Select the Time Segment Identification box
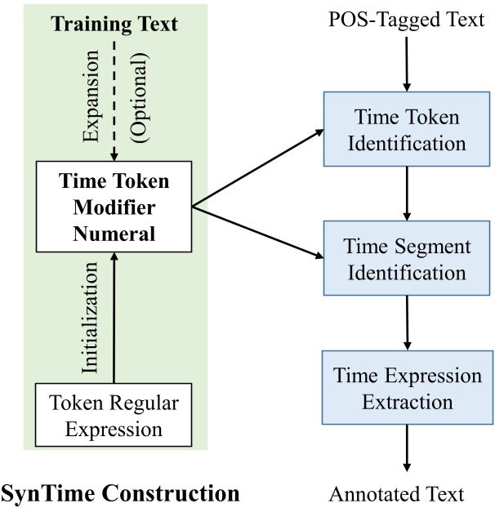tap(406, 261)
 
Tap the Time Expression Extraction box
tap(406, 389)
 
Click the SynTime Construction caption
tap(120, 492)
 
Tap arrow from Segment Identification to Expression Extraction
tap(406, 324)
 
